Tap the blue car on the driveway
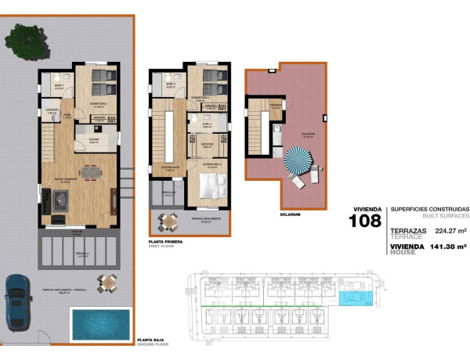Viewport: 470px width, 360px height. tap(17, 302)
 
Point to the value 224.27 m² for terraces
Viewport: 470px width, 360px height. tap(450, 232)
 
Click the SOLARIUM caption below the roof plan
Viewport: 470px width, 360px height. tap(289, 214)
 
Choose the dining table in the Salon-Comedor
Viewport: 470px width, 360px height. tap(92, 171)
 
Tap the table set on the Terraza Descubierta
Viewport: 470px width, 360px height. tap(167, 222)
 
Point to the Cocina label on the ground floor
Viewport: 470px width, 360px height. tap(93, 139)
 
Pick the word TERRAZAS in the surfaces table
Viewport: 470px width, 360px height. tap(407, 232)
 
